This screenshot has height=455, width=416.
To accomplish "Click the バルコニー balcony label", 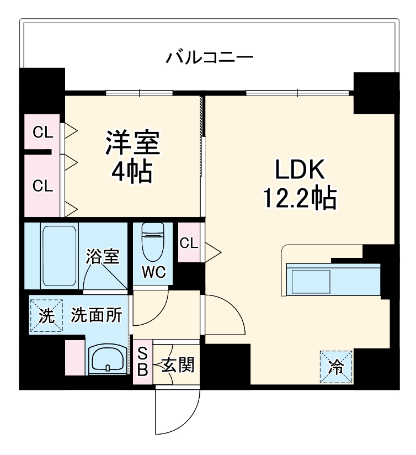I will [210, 57].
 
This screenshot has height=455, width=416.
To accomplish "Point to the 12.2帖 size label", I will [298, 198].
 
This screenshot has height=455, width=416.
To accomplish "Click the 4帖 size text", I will [132, 173].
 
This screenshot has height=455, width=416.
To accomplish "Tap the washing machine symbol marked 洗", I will [46, 316].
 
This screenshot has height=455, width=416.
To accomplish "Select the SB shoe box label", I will [142, 362].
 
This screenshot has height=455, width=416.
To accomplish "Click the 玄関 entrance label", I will [178, 364].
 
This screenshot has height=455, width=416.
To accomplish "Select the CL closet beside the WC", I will [189, 242].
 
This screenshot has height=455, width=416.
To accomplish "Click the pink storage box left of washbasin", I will [73, 358].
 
